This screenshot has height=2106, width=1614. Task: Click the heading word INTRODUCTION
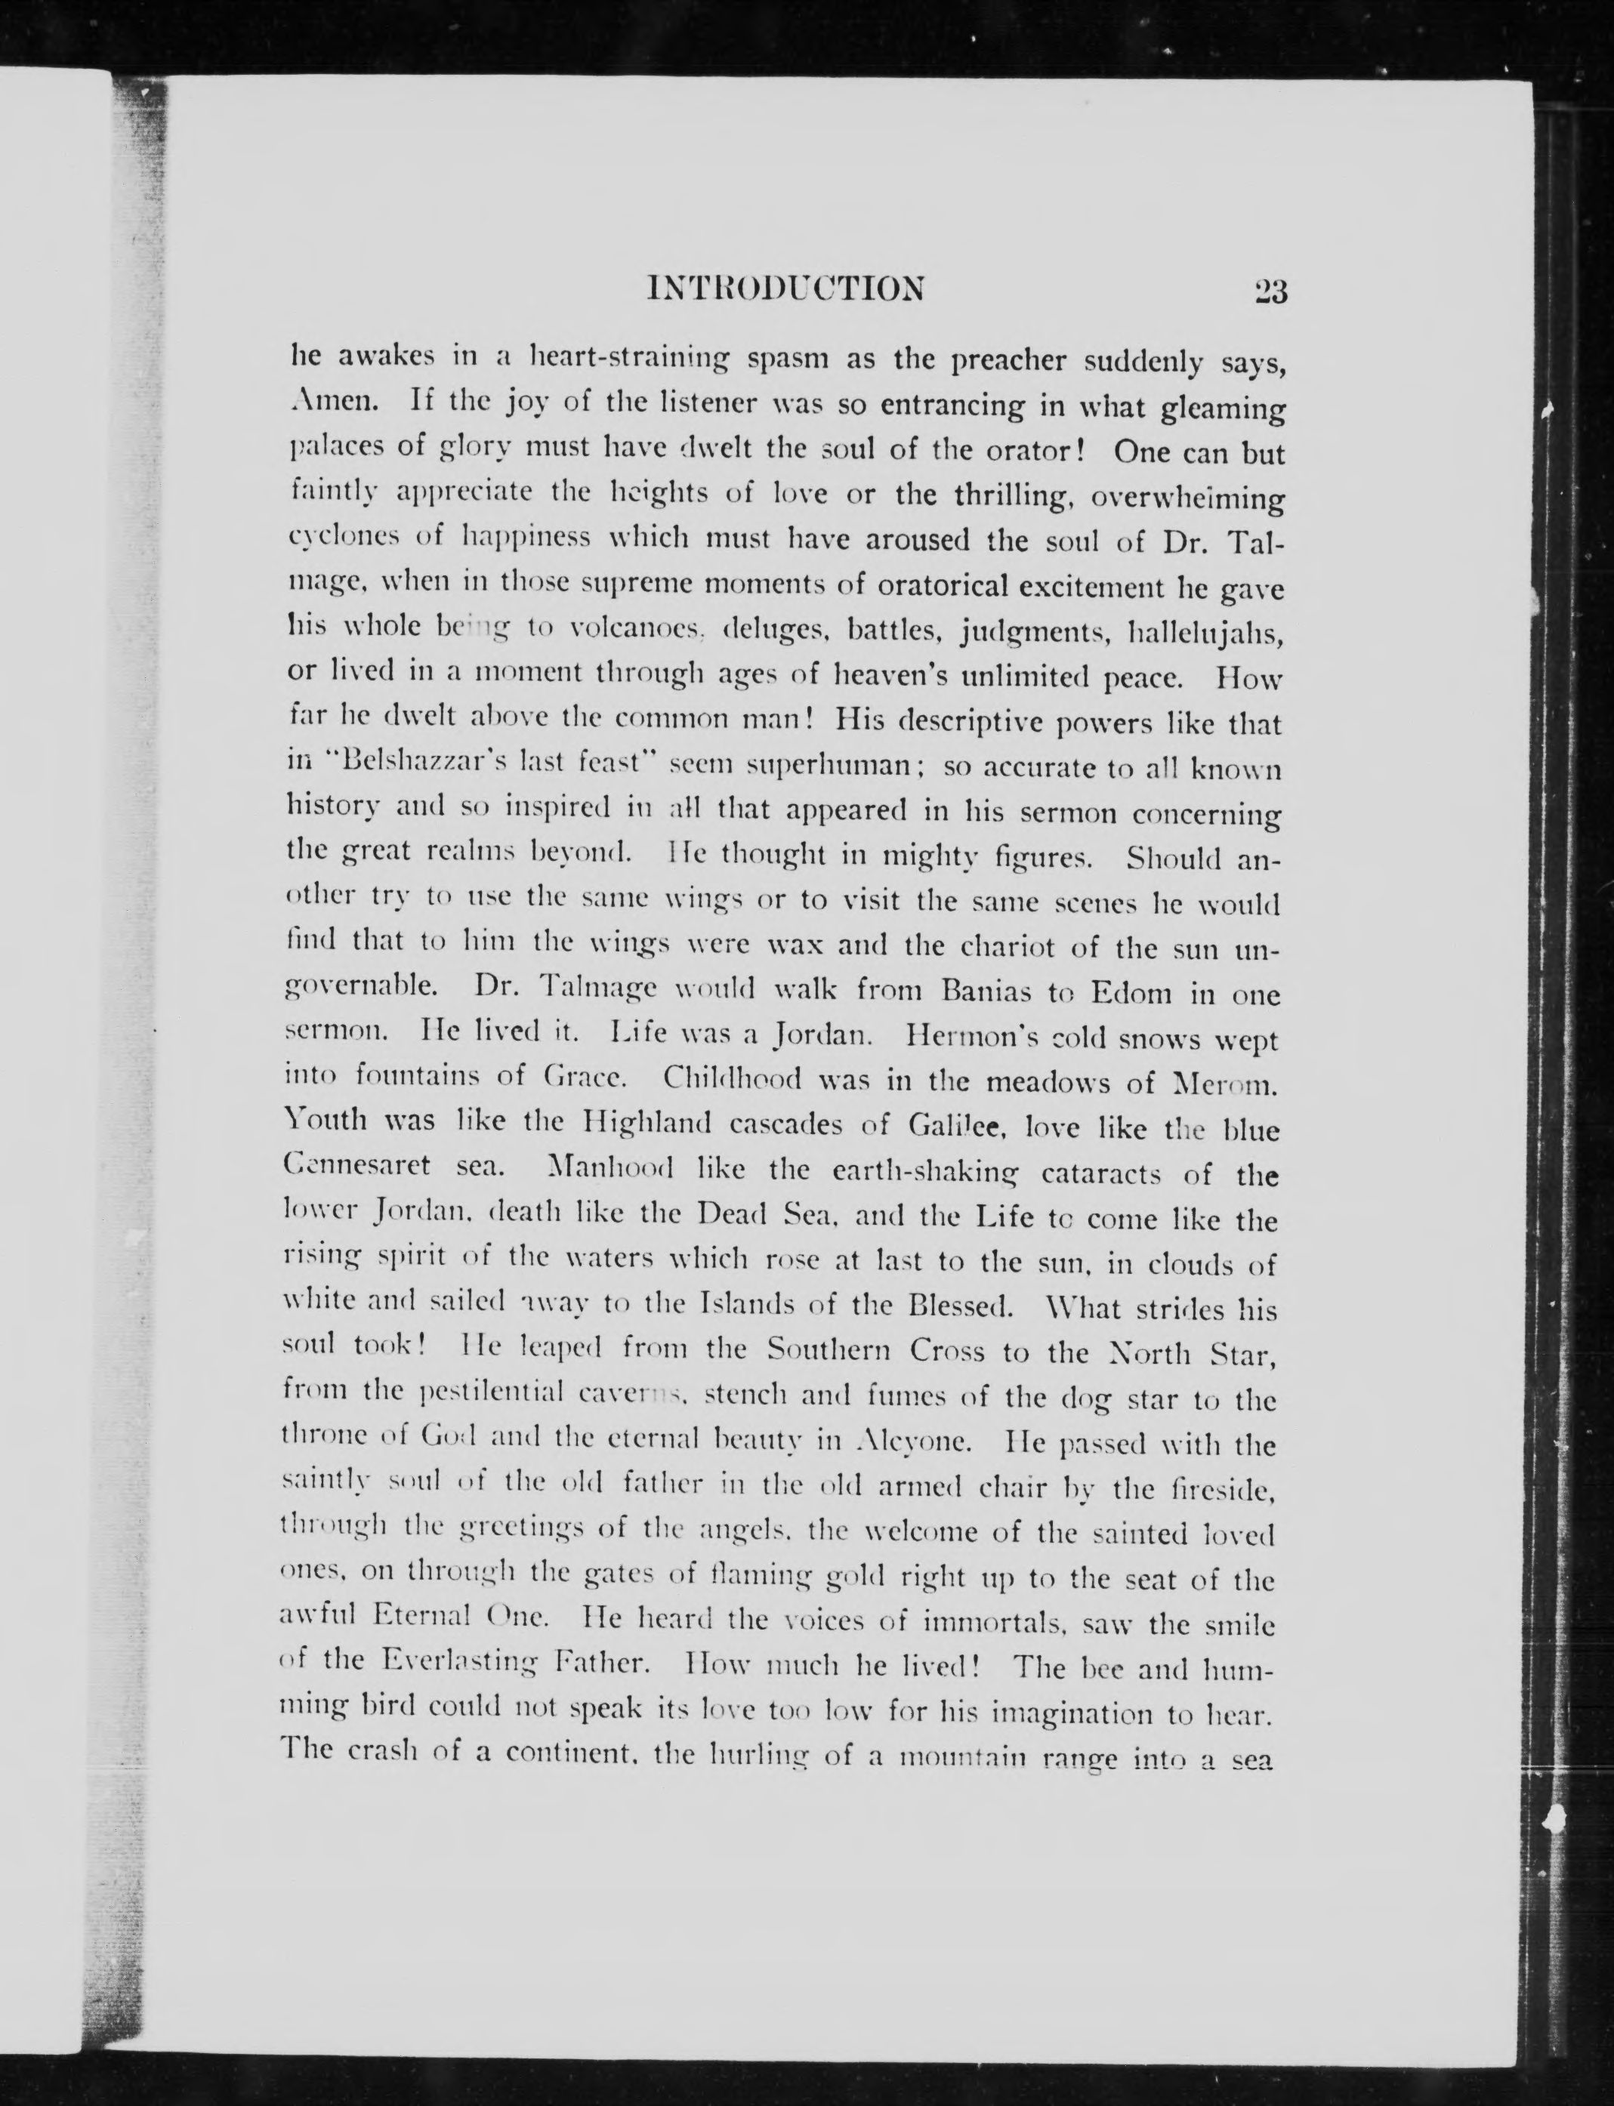point(786,288)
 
